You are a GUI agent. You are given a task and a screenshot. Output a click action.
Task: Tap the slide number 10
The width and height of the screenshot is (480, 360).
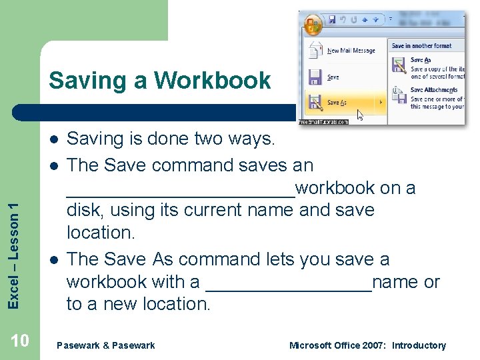[x=20, y=341]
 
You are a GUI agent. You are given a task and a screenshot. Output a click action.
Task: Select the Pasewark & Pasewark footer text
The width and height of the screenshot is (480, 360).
[x=106, y=345]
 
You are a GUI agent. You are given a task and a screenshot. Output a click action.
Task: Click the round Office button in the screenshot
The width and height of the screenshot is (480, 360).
[x=311, y=25]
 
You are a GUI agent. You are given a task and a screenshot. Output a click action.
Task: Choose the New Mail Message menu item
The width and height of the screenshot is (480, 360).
[x=351, y=51]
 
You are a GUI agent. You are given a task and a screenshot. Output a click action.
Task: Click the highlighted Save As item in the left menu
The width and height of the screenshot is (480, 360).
[x=337, y=103]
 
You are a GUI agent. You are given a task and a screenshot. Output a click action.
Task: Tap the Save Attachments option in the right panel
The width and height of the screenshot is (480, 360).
[x=434, y=90]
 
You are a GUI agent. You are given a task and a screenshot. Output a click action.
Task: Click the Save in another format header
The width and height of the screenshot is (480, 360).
[x=421, y=46]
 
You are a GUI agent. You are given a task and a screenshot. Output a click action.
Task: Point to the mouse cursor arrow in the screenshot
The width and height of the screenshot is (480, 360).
[x=360, y=114]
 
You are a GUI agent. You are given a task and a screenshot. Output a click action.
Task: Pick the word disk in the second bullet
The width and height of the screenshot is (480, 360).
[x=84, y=211]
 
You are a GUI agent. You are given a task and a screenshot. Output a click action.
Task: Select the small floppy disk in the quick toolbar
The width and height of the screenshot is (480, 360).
[x=331, y=20]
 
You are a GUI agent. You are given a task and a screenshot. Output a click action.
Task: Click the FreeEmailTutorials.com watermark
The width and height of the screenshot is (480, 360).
[x=323, y=122]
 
